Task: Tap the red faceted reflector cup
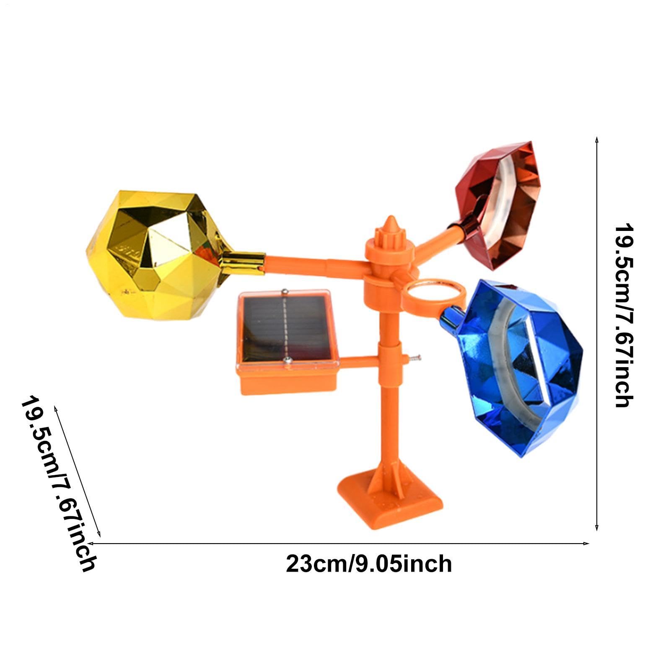pos(499,205)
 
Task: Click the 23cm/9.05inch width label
pos(369,563)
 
